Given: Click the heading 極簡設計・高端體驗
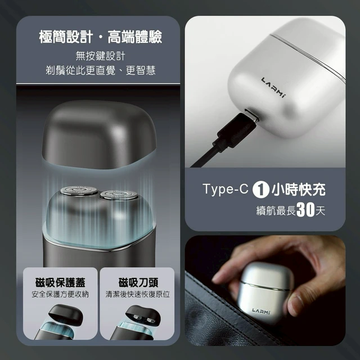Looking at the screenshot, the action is (x=101, y=37).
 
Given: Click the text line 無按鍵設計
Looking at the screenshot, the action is (x=101, y=56).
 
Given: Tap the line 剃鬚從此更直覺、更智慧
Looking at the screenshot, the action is (x=101, y=70).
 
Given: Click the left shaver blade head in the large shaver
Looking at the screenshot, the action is (x=79, y=191).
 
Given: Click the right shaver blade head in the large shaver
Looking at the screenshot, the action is (x=119, y=195).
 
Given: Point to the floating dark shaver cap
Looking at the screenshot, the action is (x=99, y=134).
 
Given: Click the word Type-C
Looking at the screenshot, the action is (x=226, y=189).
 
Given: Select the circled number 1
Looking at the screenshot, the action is (x=260, y=190).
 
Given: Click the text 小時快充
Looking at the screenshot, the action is (x=299, y=190).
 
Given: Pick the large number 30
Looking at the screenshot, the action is (x=305, y=209).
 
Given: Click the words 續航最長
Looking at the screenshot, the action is (x=276, y=210).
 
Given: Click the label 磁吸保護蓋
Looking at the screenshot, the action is (x=60, y=282).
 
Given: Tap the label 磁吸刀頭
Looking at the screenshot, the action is (x=138, y=282).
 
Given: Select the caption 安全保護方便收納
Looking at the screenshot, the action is (x=60, y=294).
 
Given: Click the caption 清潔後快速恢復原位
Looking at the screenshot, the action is (x=137, y=294).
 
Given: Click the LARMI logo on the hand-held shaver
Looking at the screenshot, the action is (x=261, y=311).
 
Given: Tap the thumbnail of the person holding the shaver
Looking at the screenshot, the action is (x=265, y=290).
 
